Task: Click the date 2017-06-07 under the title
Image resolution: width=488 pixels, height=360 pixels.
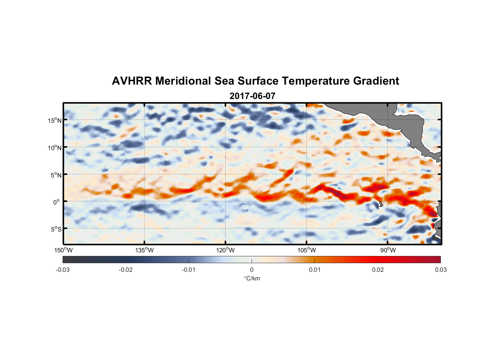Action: (x=252, y=96)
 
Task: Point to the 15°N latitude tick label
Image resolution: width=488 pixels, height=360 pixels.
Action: (x=54, y=120)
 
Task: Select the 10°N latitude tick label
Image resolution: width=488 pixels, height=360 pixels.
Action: (x=54, y=148)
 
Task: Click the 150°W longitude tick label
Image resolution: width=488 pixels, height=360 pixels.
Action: (x=63, y=250)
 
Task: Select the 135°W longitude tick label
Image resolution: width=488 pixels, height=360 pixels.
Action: (x=144, y=250)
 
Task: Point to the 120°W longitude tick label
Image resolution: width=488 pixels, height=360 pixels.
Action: (x=225, y=250)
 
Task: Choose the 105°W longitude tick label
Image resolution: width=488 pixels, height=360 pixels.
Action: (x=306, y=250)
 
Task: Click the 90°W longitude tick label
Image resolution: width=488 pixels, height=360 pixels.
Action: (x=388, y=250)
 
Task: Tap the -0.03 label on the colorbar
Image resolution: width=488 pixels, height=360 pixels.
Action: (x=63, y=270)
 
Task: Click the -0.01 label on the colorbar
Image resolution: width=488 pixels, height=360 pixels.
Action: (x=189, y=270)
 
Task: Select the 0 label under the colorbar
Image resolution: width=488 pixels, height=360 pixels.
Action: (x=252, y=270)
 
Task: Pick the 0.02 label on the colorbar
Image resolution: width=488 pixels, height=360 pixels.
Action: (x=378, y=270)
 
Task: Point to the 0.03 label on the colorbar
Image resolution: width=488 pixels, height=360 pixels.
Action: (x=440, y=270)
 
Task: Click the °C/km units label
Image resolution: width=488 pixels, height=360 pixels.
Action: (x=252, y=278)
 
